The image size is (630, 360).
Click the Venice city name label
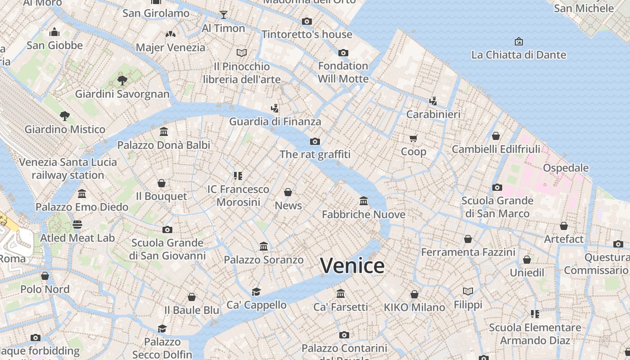click(x=352, y=265)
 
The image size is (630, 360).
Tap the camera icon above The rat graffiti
click(x=315, y=141)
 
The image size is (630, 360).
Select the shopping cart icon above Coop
click(x=414, y=138)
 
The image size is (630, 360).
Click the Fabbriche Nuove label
click(x=364, y=215)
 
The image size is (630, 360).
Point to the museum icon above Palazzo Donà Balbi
click(x=164, y=132)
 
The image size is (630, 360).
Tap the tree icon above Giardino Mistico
click(x=65, y=116)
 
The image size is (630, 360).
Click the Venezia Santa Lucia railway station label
click(x=68, y=168)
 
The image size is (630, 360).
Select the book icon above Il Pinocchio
click(x=242, y=53)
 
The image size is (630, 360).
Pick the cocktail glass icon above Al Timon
click(x=223, y=15)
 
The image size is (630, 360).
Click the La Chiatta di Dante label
click(x=518, y=55)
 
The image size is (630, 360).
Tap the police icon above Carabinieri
click(x=433, y=101)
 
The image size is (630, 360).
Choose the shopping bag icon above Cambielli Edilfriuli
click(x=496, y=135)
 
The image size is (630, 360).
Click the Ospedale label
click(x=566, y=168)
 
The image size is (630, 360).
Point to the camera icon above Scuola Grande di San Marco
click(x=497, y=187)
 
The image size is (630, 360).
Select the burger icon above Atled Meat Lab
click(x=77, y=224)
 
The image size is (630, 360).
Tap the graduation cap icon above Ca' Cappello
click(x=256, y=292)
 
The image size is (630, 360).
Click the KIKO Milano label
click(x=414, y=307)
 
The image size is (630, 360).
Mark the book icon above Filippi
click(x=468, y=292)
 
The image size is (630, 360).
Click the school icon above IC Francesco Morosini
click(x=238, y=175)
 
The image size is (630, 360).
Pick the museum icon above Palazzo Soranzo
click(x=264, y=246)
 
